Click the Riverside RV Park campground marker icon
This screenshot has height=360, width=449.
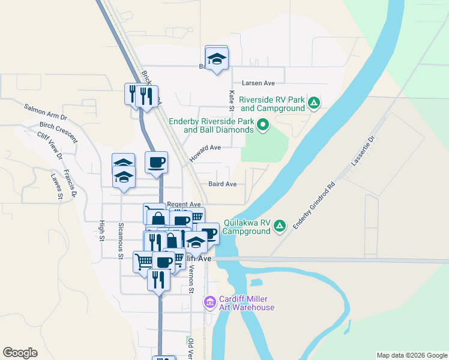pos(313,103)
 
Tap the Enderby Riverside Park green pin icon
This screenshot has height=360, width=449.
pos(263,125)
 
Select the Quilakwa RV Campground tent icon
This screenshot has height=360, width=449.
pos(279,226)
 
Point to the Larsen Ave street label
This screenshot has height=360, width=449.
pos(258,83)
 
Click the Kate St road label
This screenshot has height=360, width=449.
pos(231,101)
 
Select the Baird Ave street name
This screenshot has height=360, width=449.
pos(222,184)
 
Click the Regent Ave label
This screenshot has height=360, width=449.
pos(184,205)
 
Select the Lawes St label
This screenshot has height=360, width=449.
pos(56,186)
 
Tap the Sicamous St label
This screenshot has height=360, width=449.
pos(121,241)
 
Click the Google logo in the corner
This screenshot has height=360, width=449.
pos(20,353)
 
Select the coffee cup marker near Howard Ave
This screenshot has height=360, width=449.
pos(156,163)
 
